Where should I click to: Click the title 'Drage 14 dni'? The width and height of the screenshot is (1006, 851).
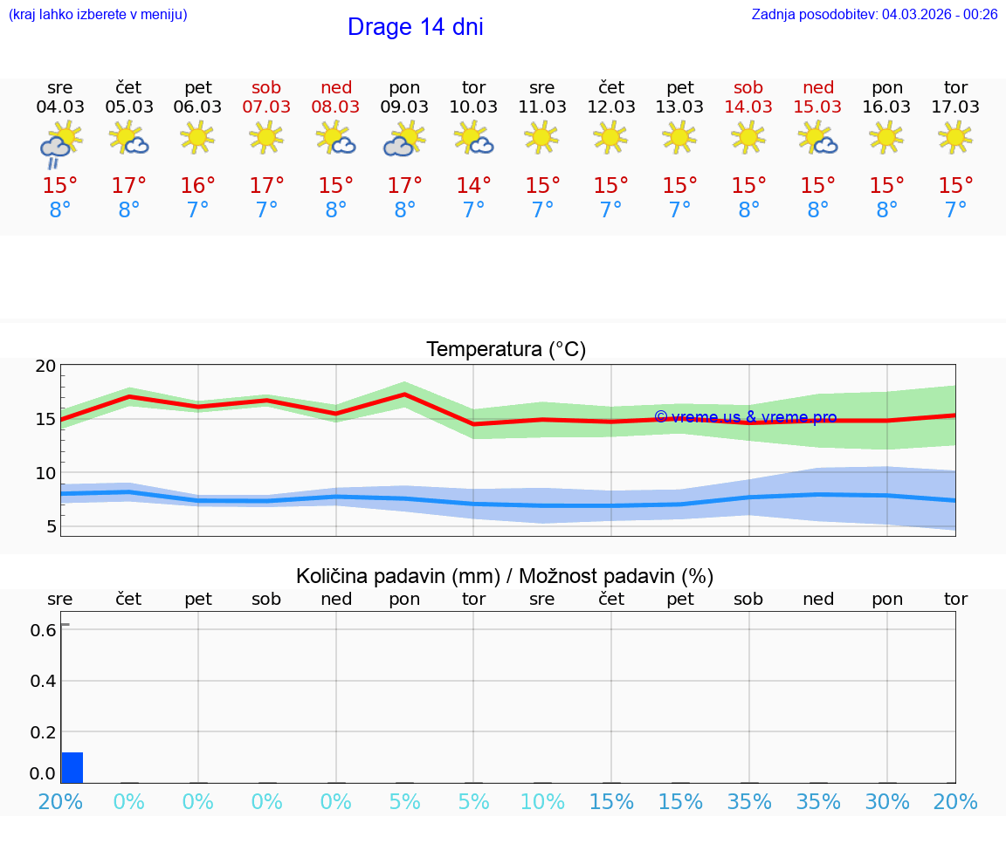coord(415,27)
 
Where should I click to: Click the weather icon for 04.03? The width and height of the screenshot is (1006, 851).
coord(60,142)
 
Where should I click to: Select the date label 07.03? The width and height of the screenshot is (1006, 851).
coord(266,106)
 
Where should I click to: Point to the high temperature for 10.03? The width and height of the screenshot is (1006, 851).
coord(473,185)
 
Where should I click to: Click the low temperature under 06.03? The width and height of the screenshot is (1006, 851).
coord(198,209)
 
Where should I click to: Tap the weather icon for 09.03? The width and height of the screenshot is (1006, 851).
coord(404,139)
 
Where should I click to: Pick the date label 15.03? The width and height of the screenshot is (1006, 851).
coord(817,106)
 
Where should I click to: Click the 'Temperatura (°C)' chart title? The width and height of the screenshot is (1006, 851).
coord(506,349)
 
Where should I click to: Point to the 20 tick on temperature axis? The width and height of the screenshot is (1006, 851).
coord(45,367)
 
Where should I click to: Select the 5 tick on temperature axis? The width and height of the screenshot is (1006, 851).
coord(51,526)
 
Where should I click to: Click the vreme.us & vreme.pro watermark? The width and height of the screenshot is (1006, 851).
coord(745,417)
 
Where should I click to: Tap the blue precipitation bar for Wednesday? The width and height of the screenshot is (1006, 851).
coord(72,767)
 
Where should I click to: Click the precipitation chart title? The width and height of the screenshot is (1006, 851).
coord(505,576)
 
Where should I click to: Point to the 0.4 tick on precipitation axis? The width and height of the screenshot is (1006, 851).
coord(44,681)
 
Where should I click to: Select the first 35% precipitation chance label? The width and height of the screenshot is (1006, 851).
coord(749,801)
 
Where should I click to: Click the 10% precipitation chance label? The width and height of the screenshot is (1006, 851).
coord(542,801)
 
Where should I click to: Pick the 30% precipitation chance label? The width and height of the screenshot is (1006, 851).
coord(887,801)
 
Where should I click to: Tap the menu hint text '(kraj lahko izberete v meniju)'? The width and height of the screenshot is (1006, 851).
coord(98,14)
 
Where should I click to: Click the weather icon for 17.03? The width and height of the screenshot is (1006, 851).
coord(955,137)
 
